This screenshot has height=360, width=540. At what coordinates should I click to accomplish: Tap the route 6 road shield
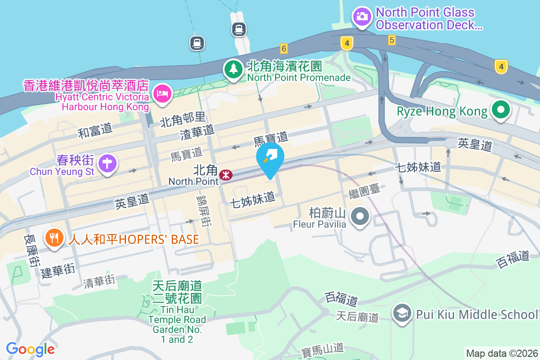pos(283,48)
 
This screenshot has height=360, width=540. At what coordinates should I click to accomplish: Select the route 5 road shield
pos(391,40)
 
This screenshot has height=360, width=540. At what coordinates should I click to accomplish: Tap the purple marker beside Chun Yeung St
pos(108,163)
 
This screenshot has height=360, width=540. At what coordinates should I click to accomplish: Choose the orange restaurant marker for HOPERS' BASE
pos(54,238)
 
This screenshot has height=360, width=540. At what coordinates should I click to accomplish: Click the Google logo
pos(31,349)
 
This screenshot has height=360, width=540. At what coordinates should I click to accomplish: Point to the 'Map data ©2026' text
pos(501,353)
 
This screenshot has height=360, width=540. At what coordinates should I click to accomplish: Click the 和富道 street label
pos(95,131)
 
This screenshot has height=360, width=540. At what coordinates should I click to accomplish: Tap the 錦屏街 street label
pos(205,210)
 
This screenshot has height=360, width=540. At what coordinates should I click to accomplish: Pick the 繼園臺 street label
pos(364,191)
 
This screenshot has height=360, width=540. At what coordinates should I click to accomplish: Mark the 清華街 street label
pos(99,281)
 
